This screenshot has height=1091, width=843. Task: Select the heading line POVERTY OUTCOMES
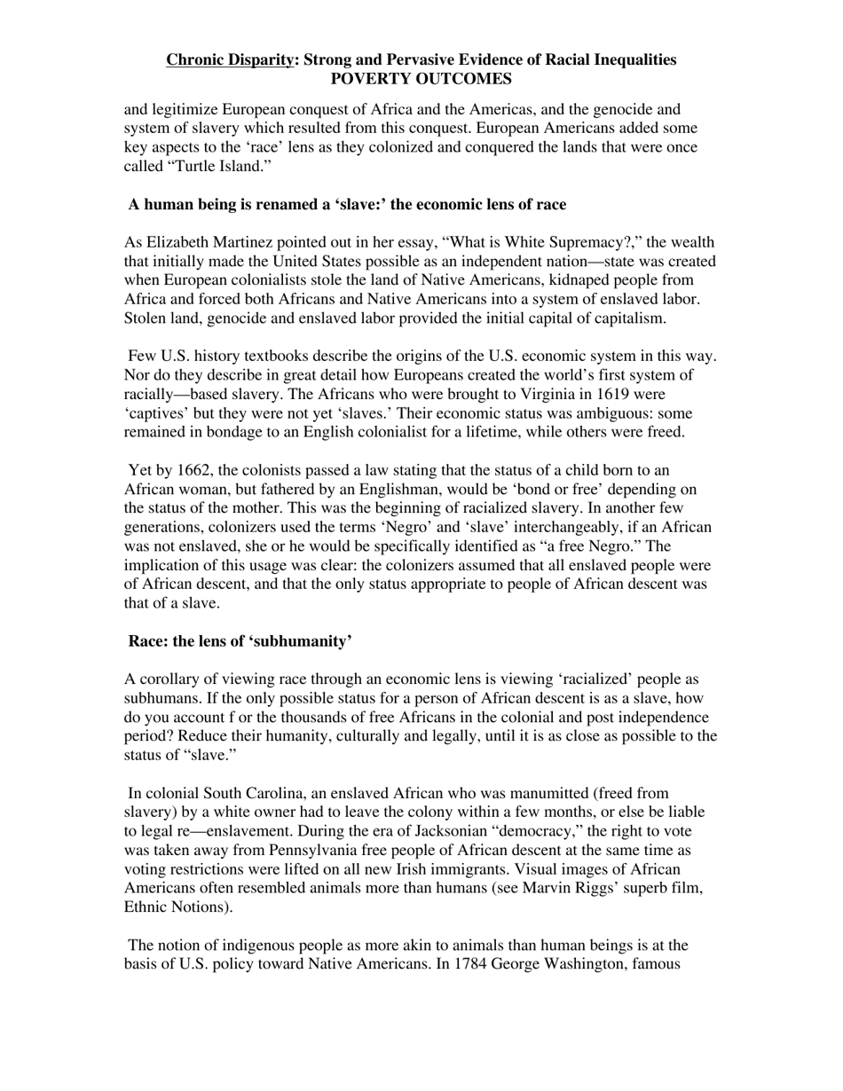pos(421,79)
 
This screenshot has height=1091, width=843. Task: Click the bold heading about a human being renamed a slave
pos(347,205)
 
